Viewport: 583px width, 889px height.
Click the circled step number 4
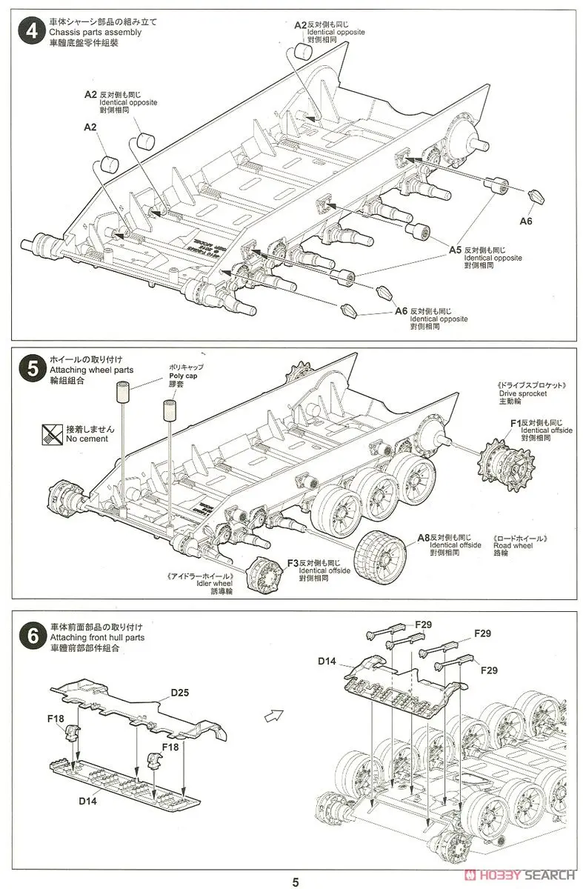(30, 33)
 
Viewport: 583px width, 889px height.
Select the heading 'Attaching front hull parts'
(97, 636)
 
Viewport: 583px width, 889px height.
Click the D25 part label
(180, 693)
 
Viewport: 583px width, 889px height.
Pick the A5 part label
(456, 250)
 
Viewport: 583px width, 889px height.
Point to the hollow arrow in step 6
(273, 716)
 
